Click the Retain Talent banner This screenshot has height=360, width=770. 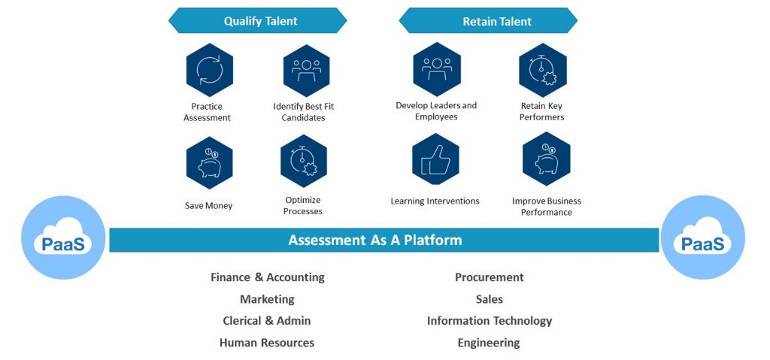tap(496, 21)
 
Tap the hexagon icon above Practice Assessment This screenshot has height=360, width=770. tap(210, 70)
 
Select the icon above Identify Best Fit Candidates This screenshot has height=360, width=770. tap(306, 70)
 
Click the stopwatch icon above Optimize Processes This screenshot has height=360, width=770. tap(304, 161)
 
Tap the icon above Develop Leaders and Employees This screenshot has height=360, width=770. tap(436, 68)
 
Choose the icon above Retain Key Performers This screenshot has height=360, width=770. tap(542, 70)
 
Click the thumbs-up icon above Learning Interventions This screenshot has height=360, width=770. tap(435, 162)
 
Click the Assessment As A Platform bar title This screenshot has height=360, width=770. tap(375, 241)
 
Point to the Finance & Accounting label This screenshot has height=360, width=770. tap(268, 277)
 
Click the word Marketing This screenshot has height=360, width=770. tap(267, 299)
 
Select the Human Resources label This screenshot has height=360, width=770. tap(267, 343)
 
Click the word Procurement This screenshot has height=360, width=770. tap(490, 277)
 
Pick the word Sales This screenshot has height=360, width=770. tap(490, 299)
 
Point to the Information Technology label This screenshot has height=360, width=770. tap(490, 321)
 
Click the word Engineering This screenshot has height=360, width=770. tap(489, 343)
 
